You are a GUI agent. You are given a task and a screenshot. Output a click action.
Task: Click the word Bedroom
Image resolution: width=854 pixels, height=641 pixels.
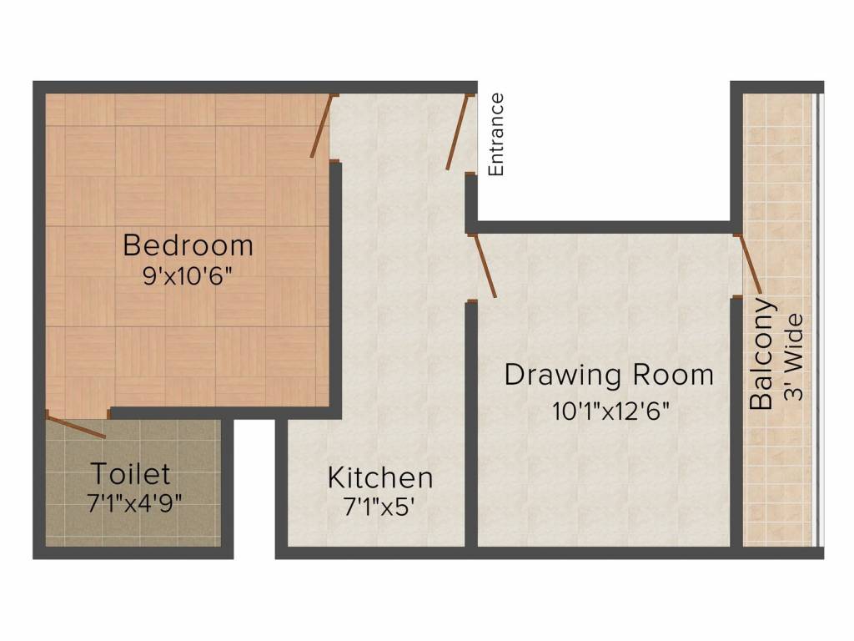click(x=188, y=245)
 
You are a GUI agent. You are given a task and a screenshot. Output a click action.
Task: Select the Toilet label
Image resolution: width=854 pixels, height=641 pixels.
click(x=130, y=474)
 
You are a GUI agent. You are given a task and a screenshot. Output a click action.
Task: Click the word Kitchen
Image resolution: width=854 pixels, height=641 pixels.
click(x=380, y=478)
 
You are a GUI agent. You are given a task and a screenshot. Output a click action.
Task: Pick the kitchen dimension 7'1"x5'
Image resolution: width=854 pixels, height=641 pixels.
click(x=379, y=507)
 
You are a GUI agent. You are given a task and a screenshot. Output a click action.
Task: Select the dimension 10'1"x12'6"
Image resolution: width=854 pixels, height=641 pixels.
click(x=611, y=411)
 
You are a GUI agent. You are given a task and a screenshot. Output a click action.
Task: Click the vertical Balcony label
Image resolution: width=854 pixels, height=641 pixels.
click(x=761, y=354)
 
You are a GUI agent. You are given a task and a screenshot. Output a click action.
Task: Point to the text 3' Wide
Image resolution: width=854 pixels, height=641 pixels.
click(x=794, y=356)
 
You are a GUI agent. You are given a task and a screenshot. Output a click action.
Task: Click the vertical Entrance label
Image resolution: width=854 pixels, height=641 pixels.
click(x=496, y=134)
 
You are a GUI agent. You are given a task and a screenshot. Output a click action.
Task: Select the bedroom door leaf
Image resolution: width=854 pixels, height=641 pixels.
click(x=322, y=127)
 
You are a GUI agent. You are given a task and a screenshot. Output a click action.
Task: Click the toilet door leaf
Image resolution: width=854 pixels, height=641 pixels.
click(x=77, y=426)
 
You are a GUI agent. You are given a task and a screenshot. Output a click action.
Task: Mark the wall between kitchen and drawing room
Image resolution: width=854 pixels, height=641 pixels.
click(x=470, y=426)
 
